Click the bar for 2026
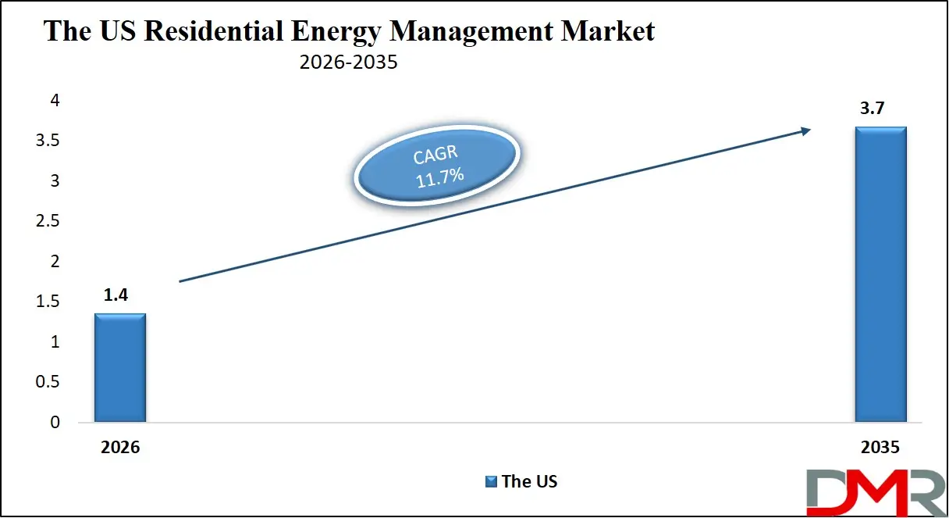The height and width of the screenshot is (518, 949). pos(120,367)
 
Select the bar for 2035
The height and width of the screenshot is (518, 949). pos(880,274)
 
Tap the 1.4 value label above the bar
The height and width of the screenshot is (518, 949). pos(116,295)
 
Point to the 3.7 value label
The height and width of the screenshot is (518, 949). pos(873,109)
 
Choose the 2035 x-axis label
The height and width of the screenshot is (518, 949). pos(880,448)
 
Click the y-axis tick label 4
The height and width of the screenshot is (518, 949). pos(55,101)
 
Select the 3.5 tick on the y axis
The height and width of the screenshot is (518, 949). pos(48,141)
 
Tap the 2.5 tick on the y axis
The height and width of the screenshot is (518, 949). pos(48,221)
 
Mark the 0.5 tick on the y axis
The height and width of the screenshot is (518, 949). pos(48,382)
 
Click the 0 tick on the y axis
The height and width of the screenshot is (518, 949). pos(55,423)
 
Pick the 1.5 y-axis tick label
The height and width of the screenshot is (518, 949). pos(48,302)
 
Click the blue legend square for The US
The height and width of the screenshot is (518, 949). pos(492,481)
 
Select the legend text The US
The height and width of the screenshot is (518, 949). pos(530,481)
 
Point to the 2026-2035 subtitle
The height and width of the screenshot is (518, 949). pos(348,63)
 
